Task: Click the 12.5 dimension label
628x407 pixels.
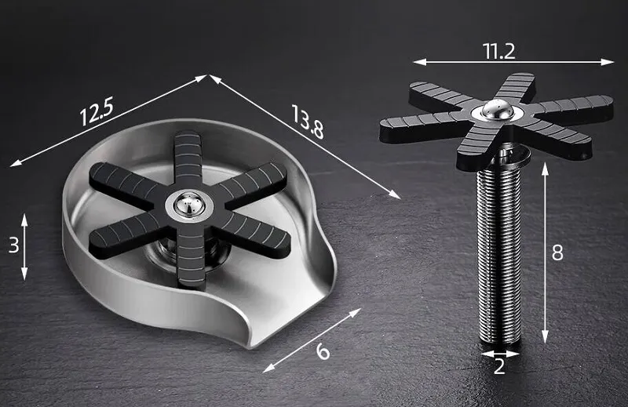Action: [x=97, y=112]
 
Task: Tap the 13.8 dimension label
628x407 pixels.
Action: [x=308, y=122]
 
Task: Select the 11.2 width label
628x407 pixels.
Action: [x=499, y=51]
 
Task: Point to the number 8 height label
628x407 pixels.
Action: [x=557, y=253]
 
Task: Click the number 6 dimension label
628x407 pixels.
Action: [x=323, y=351]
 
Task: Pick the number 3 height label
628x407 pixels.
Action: [x=13, y=245]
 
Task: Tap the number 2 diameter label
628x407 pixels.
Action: [x=499, y=366]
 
